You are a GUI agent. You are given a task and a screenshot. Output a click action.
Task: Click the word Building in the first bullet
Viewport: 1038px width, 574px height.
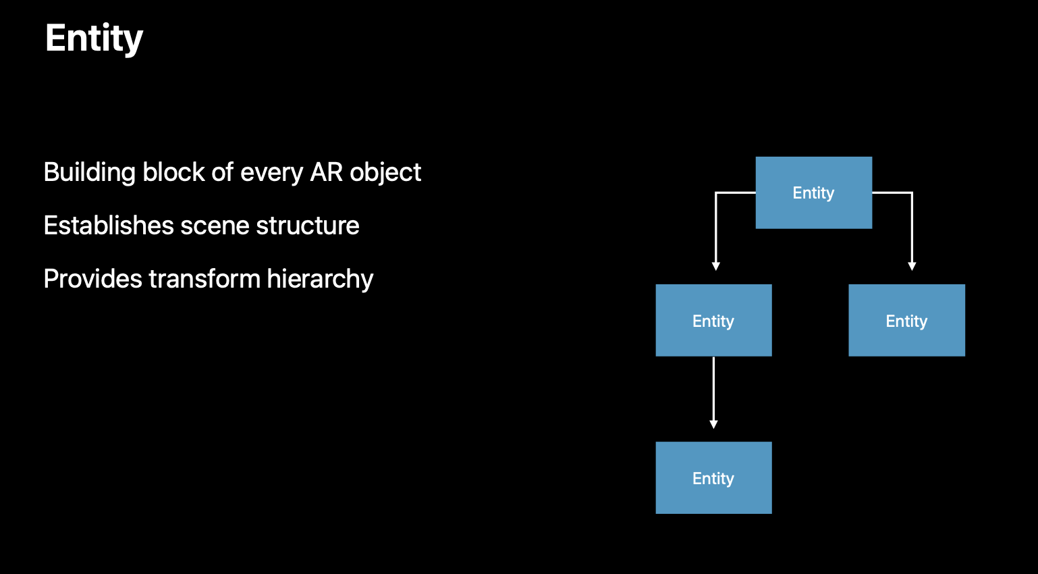tap(90, 173)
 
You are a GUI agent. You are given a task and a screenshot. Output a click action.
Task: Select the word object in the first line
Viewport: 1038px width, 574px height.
tap(385, 173)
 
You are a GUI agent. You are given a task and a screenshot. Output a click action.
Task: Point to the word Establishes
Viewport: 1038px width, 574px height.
tap(109, 226)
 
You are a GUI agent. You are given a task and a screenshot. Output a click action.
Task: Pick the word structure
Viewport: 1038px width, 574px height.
tap(308, 226)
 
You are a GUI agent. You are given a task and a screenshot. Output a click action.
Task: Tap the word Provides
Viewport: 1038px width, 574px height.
tap(92, 279)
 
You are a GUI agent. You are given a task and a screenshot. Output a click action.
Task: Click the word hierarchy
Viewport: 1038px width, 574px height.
tap(320, 280)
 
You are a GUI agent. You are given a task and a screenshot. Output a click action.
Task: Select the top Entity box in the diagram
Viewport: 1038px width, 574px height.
tap(814, 192)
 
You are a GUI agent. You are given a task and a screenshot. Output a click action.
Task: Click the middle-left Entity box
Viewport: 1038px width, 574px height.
tap(713, 320)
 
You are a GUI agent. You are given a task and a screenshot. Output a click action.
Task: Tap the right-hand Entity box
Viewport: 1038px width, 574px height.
tap(907, 320)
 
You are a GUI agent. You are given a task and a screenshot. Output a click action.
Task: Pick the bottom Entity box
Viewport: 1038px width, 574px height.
tap(713, 477)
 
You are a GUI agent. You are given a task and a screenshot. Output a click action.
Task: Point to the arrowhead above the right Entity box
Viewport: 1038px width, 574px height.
tap(912, 267)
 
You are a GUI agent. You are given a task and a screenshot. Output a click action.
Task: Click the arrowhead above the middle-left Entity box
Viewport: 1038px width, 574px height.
tap(716, 267)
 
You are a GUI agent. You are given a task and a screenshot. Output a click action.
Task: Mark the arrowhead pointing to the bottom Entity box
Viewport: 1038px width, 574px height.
tap(713, 424)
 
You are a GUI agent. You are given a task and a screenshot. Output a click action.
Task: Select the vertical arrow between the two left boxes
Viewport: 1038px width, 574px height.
tap(713, 392)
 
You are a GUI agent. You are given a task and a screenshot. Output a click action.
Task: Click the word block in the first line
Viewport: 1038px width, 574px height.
tap(173, 172)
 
